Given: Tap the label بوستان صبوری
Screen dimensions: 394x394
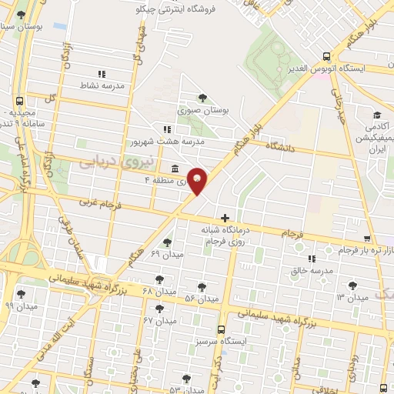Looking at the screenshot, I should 203,110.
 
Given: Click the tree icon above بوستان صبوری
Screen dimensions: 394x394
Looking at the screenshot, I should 202,98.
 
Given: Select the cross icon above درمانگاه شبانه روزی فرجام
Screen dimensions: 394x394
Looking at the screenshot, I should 225,219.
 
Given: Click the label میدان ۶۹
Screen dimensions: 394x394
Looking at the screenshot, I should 165,254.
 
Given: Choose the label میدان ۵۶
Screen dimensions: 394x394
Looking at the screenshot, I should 202,298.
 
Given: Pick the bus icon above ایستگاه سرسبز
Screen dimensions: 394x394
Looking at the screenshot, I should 222,328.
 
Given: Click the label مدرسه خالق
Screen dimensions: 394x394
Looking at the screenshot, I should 312,271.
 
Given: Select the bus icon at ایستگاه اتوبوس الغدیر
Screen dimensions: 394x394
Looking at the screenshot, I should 327,56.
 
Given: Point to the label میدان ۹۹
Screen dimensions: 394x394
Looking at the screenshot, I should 21,306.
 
